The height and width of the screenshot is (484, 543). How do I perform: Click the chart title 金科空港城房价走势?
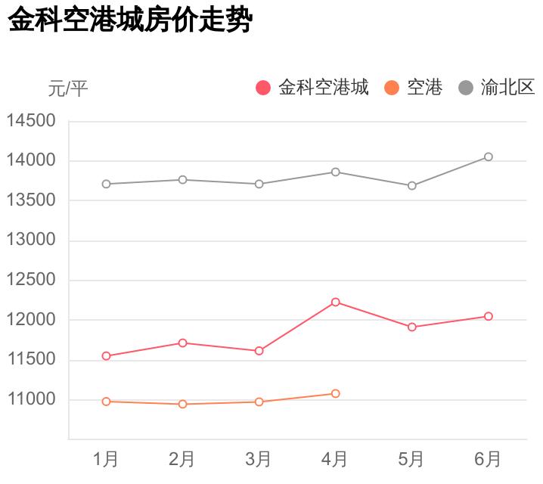point(129,20)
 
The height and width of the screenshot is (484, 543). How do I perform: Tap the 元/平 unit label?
point(68,88)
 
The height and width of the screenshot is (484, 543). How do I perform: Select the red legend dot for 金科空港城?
point(263,88)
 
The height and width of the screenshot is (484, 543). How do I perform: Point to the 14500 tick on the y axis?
point(32,121)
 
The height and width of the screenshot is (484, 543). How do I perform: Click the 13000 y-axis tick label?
point(32,240)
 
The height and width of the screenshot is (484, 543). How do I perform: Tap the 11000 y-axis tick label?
point(32,399)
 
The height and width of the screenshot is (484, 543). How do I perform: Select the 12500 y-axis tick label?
point(32,280)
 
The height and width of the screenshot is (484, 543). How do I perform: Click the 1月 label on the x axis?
point(106,458)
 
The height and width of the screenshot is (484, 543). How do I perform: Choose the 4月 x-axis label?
point(335,458)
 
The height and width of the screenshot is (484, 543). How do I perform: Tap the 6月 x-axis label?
point(488,458)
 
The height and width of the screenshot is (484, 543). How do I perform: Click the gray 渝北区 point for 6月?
point(489,157)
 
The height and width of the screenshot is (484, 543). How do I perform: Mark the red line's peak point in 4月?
point(336,302)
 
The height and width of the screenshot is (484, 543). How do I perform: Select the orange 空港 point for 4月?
point(336,393)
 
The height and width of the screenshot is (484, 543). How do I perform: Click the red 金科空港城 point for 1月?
point(107,355)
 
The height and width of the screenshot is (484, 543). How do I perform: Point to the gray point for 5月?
point(412,185)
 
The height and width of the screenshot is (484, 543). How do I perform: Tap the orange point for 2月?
point(183,404)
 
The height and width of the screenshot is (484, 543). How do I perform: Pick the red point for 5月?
point(412,327)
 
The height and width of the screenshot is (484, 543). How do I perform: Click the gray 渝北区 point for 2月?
point(183,179)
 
